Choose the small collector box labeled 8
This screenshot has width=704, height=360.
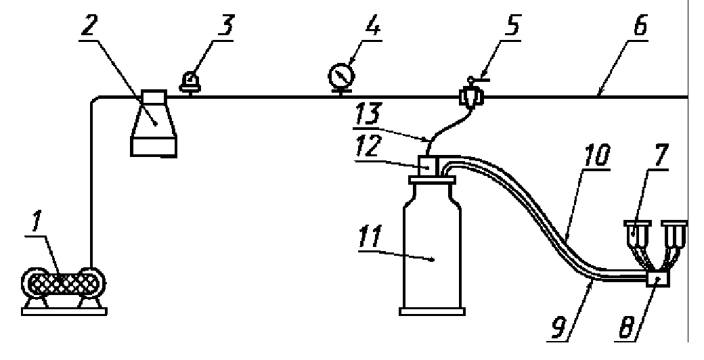pos(656,278)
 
